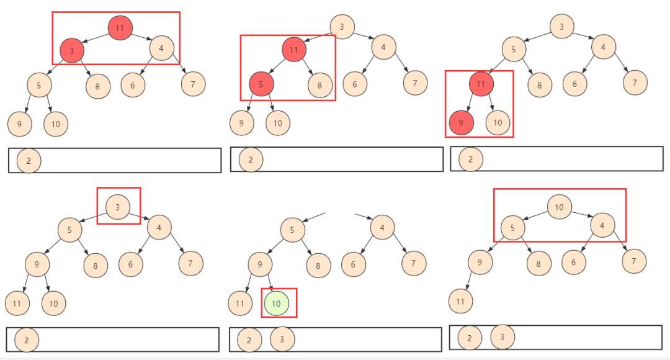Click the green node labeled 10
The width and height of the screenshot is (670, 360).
click(x=277, y=303)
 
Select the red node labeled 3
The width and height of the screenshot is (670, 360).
click(x=72, y=50)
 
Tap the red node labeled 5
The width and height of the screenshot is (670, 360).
click(x=261, y=84)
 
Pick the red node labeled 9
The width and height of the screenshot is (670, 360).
click(x=462, y=123)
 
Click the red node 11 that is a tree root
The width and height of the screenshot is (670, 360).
click(x=120, y=28)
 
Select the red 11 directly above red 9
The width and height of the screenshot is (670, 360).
click(x=481, y=83)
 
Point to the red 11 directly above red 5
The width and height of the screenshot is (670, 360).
click(x=294, y=50)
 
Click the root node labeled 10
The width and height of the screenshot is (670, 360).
click(x=560, y=207)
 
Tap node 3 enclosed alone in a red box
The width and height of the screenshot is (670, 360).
click(x=118, y=207)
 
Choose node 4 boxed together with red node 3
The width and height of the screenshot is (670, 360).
click(x=161, y=48)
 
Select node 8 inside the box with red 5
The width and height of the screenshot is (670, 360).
click(x=320, y=85)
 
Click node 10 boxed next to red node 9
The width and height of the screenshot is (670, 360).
click(x=498, y=123)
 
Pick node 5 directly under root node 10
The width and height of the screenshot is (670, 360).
click(x=513, y=228)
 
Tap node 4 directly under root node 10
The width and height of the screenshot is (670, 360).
click(x=602, y=225)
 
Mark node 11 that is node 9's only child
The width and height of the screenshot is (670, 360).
click(x=460, y=301)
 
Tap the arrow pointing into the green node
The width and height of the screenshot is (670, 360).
click(x=270, y=284)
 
